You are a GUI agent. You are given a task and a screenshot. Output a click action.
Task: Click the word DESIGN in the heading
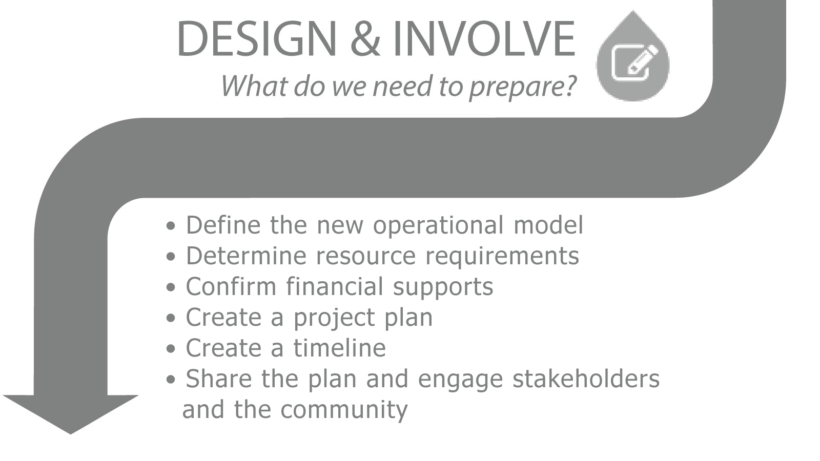(257, 39)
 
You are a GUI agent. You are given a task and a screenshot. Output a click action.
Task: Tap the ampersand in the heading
(366, 39)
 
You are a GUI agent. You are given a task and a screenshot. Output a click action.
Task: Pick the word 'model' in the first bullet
(548, 225)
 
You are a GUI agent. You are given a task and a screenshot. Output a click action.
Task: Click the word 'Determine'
(246, 256)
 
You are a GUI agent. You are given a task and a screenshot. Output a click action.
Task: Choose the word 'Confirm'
(231, 286)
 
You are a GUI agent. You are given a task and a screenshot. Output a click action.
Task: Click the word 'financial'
(335, 286)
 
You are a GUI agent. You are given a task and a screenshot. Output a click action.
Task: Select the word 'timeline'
(340, 348)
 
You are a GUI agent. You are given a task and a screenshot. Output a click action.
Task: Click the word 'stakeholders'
(586, 379)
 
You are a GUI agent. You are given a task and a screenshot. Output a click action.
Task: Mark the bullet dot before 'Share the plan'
(171, 380)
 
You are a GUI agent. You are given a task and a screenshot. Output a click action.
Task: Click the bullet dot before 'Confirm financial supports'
(171, 287)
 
